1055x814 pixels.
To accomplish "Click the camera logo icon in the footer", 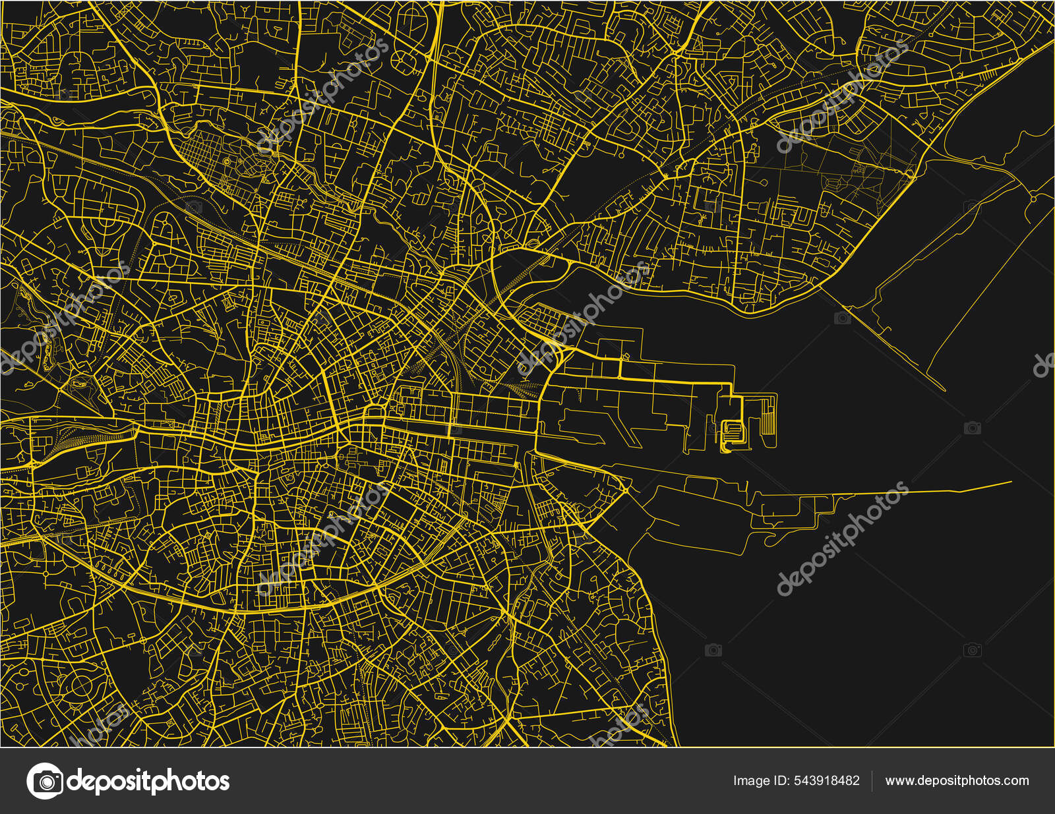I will pyautogui.click(x=45, y=781).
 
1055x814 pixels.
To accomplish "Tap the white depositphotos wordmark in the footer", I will pyautogui.click(x=148, y=781).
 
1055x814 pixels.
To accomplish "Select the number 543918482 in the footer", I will pyautogui.click(x=827, y=781).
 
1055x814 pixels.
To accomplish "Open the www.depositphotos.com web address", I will pyautogui.click(x=957, y=781).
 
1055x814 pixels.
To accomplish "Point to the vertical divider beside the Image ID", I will pyautogui.click(x=872, y=781).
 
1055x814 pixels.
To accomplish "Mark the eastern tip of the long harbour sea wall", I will pyautogui.click(x=1011, y=482).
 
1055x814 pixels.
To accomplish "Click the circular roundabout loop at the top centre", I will pyautogui.click(x=403, y=60).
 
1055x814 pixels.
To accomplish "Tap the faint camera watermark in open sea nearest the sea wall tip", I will pyautogui.click(x=972, y=428).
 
